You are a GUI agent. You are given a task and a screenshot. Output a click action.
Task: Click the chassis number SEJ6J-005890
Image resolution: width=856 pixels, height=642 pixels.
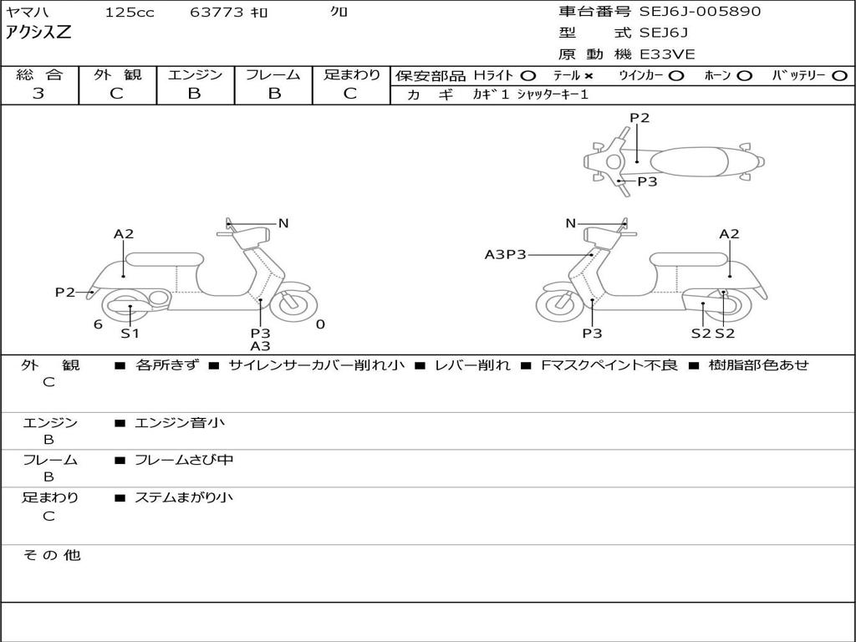[701, 12]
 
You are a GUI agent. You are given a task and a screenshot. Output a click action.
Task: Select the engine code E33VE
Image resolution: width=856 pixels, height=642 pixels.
[668, 54]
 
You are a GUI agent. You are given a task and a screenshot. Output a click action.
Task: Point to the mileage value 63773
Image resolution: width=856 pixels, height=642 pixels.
[217, 13]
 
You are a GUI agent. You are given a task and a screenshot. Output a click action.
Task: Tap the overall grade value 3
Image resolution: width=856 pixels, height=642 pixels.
[38, 94]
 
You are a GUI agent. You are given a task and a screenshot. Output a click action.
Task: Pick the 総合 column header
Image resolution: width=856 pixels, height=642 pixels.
[39, 75]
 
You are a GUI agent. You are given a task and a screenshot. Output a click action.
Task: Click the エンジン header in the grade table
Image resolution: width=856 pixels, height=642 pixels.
[195, 75]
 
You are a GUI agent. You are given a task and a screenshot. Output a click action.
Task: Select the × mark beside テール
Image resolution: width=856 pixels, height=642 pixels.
[588, 76]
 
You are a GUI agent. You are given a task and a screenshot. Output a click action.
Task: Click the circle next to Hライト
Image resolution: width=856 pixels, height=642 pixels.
[528, 76]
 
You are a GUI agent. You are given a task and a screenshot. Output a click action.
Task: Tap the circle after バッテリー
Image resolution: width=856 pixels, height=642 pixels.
[839, 76]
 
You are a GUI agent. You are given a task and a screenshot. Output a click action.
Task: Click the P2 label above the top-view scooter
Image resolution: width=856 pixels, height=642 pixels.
[639, 118]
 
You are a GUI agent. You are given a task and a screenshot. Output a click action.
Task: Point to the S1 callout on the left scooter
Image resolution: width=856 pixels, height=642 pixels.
[130, 334]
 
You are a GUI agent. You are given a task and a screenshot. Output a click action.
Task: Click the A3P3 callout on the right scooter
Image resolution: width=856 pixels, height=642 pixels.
[506, 254]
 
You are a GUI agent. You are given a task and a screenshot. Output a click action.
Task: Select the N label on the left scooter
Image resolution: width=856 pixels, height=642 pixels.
[283, 223]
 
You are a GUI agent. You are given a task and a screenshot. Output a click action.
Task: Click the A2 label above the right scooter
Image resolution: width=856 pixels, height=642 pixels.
[730, 234]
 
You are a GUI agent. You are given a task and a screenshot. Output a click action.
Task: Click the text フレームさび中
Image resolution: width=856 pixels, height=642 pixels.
[184, 460]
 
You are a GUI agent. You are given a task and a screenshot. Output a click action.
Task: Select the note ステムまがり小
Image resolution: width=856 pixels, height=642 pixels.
[184, 498]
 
